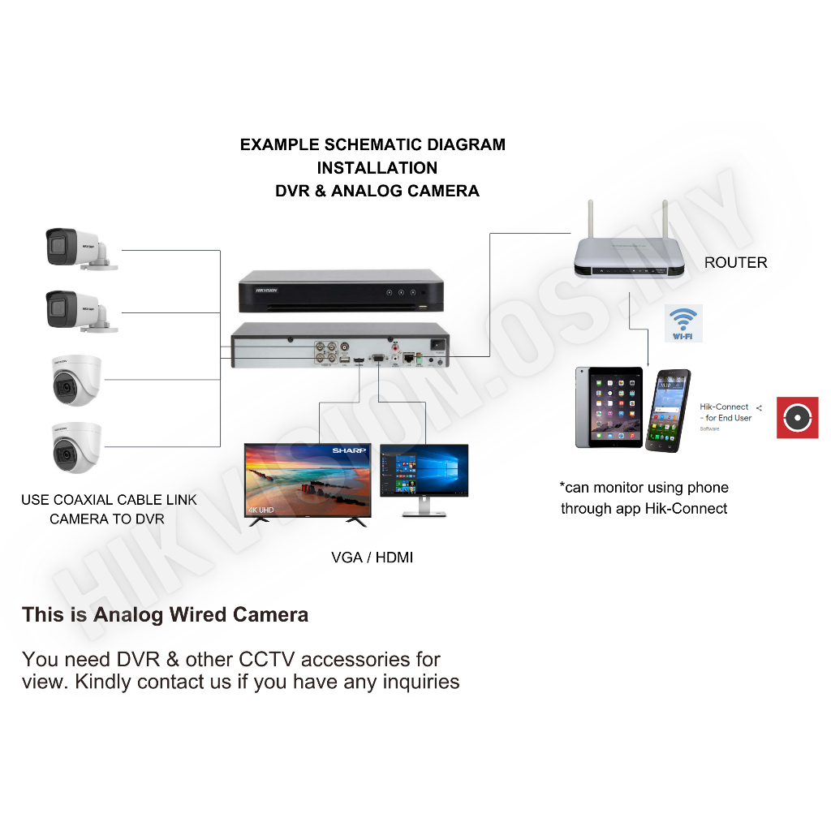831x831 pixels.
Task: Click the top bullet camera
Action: pyautogui.click(x=77, y=248)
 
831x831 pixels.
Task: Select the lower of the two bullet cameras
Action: pyautogui.click(x=77, y=311)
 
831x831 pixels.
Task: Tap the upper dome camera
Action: pyautogui.click(x=76, y=379)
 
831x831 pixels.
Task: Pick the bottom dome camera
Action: pyautogui.click(x=76, y=446)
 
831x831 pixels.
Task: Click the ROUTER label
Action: pyautogui.click(x=735, y=262)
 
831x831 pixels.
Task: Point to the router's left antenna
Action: pyautogui.click(x=590, y=218)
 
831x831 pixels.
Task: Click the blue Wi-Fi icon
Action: pyautogui.click(x=682, y=323)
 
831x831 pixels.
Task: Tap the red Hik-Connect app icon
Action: pyautogui.click(x=797, y=417)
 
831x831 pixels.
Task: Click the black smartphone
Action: pyautogui.click(x=669, y=411)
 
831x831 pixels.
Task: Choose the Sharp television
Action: pyautogui.click(x=308, y=483)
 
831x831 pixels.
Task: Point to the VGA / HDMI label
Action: pyautogui.click(x=372, y=558)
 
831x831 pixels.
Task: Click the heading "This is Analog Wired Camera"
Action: pyautogui.click(x=165, y=614)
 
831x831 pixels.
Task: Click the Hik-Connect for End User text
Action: pyautogui.click(x=726, y=412)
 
